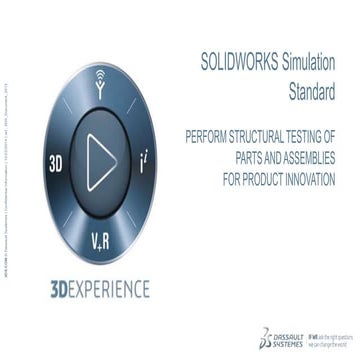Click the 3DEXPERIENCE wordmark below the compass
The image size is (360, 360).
coord(99,290)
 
